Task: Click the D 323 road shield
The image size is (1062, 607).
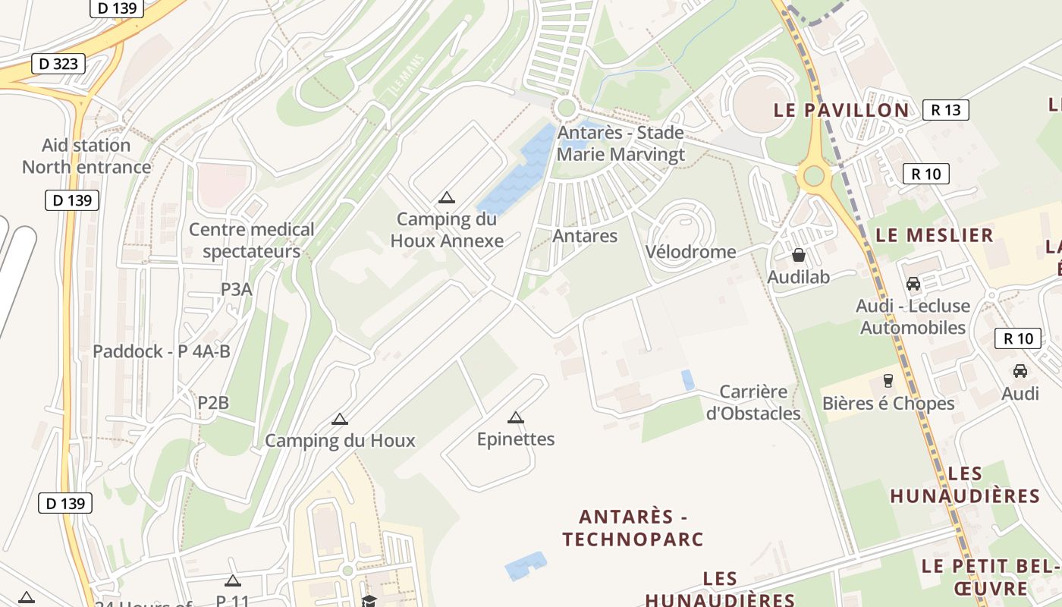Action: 58,64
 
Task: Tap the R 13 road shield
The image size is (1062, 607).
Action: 946,110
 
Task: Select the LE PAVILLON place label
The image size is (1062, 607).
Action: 841,110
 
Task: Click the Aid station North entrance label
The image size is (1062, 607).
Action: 86,156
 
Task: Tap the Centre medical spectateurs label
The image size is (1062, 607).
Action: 251,240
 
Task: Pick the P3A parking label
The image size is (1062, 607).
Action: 237,289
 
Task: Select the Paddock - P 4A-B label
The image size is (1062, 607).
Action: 162,351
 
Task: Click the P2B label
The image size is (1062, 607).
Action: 213,403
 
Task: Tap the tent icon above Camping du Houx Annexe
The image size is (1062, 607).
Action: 447,198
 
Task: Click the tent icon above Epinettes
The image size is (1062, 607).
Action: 516,417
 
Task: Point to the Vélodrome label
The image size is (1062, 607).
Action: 690,252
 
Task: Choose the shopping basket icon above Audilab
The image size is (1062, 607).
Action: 798,255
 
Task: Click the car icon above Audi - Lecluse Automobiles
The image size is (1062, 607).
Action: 913,284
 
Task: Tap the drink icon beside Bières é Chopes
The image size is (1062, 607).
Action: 888,380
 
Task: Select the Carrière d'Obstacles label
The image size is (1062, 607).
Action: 753,403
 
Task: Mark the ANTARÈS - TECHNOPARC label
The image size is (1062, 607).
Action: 633,528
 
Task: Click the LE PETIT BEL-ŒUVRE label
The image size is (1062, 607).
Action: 990,577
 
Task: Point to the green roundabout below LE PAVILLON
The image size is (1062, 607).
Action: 813,176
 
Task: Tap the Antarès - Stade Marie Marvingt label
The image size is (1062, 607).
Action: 621,143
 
